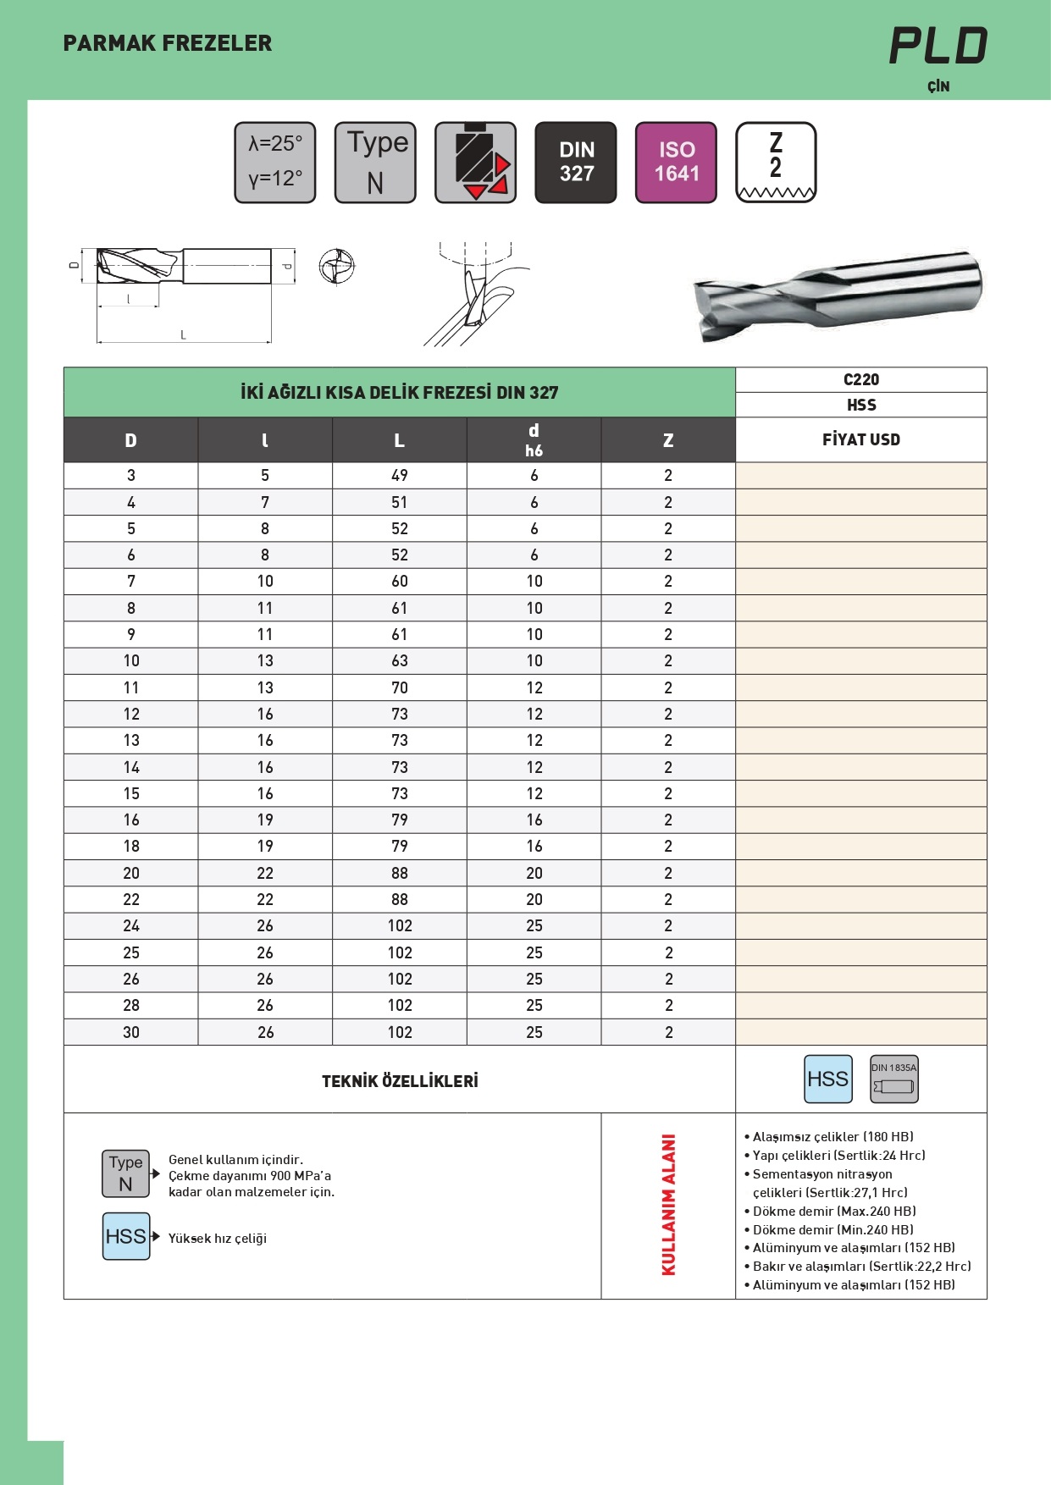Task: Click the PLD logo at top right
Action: click(938, 46)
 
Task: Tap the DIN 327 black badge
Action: click(576, 163)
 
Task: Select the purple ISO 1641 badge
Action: click(676, 163)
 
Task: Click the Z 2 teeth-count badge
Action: click(776, 163)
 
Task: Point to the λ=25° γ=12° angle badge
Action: click(275, 163)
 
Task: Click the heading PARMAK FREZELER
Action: click(168, 43)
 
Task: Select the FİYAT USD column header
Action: click(860, 439)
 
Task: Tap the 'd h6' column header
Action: click(534, 439)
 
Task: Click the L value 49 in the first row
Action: click(400, 476)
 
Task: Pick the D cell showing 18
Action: click(131, 847)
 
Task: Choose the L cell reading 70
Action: click(400, 687)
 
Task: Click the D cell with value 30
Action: click(131, 1032)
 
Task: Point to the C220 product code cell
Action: click(860, 379)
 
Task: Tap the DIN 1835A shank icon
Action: click(893, 1079)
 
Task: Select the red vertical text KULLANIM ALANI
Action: click(668, 1205)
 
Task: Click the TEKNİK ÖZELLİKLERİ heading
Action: click(400, 1081)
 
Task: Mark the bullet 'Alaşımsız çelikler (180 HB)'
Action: click(833, 1137)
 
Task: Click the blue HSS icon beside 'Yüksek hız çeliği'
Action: click(126, 1236)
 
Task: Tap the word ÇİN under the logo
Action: click(938, 86)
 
